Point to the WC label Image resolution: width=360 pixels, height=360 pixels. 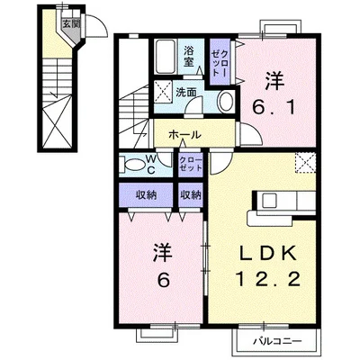(150, 165)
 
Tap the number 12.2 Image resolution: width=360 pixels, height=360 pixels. (263, 282)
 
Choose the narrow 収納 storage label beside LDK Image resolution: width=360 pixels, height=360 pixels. (190, 195)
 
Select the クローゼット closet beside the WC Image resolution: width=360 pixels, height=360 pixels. (190, 163)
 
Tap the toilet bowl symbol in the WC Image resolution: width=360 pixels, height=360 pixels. (131, 165)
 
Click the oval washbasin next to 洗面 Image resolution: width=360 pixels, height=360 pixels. (224, 100)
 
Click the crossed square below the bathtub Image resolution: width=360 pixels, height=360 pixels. (165, 92)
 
